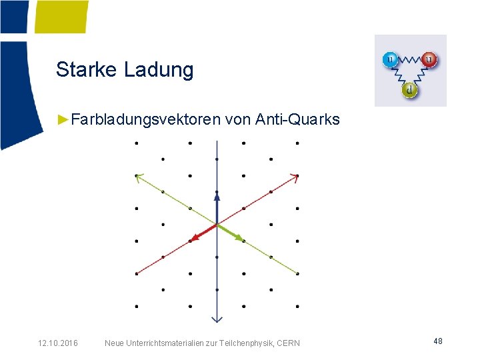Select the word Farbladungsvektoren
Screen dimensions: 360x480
pos(145,120)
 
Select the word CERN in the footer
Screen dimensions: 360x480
pos(287,343)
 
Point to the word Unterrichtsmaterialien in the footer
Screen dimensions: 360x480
pos(163,343)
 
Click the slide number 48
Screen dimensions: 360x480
pos(438,341)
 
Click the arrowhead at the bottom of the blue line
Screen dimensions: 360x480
pos(217,318)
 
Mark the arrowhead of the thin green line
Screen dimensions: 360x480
pos(139,177)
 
